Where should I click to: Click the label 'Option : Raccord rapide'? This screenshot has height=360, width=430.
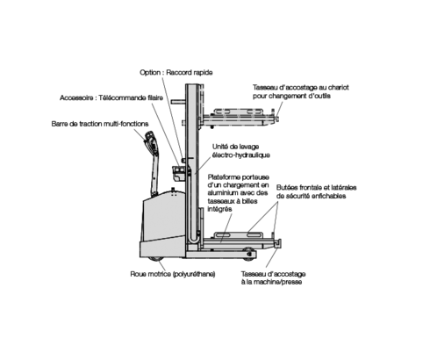coord(176,73)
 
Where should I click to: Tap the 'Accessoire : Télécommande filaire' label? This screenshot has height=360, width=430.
coord(111,97)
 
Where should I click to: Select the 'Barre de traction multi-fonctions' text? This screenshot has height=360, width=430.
coord(100,124)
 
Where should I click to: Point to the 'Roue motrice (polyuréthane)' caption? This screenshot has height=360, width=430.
coord(173,274)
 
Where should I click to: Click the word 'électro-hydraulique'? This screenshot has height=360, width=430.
coord(241,155)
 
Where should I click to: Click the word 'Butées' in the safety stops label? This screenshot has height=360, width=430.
coord(286,188)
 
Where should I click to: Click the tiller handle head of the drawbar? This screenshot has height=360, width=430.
coord(150,140)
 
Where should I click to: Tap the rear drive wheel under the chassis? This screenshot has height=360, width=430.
coord(154,258)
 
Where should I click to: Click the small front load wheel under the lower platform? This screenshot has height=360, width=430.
coord(249,253)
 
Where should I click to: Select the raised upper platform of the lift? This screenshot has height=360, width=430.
coord(239,117)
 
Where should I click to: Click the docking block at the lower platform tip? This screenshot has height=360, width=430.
coord(278,244)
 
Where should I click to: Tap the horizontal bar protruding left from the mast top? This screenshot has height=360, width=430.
coord(178,102)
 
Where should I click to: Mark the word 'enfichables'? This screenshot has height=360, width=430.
coord(329,196)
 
